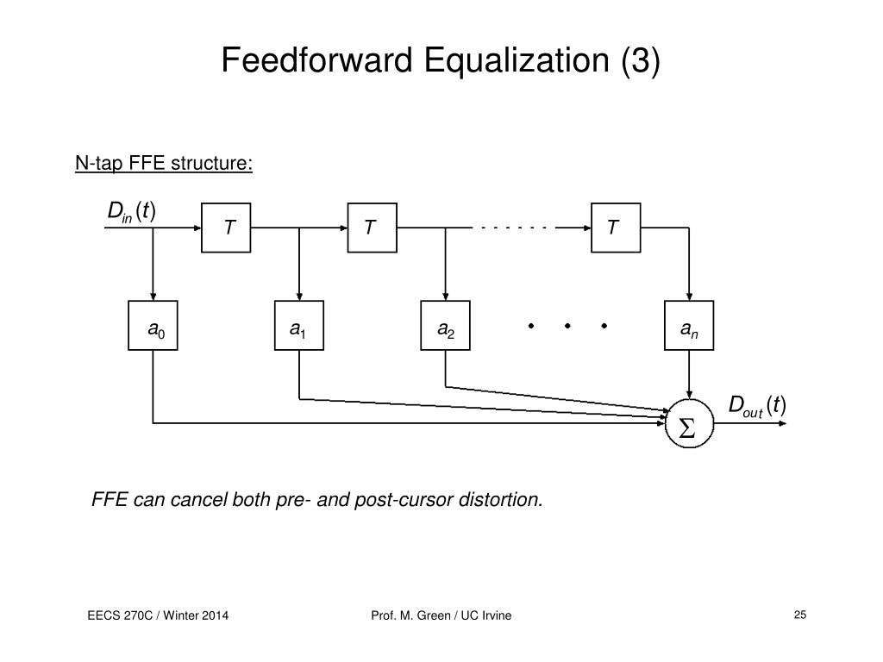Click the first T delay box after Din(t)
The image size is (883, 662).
pyautogui.click(x=226, y=228)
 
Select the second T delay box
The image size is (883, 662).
pyautogui.click(x=372, y=228)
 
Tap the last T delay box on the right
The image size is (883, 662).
pyautogui.click(x=616, y=228)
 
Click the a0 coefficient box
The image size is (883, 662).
pyautogui.click(x=153, y=326)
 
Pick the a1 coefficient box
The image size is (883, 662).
pyautogui.click(x=299, y=326)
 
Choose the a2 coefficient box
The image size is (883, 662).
pyautogui.click(x=446, y=326)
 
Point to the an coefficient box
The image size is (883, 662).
pyautogui.click(x=689, y=326)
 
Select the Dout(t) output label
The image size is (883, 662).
pyautogui.click(x=757, y=405)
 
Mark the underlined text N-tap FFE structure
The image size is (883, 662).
pyautogui.click(x=164, y=164)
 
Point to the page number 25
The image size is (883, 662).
pyautogui.click(x=799, y=615)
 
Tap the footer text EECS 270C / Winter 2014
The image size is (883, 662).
pyautogui.click(x=158, y=615)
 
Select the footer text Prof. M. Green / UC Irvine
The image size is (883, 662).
pyautogui.click(x=441, y=615)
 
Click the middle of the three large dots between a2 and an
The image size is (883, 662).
pyautogui.click(x=568, y=326)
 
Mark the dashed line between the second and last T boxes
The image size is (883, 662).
pyautogui.click(x=516, y=228)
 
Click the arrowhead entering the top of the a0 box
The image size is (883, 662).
pyautogui.click(x=153, y=296)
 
